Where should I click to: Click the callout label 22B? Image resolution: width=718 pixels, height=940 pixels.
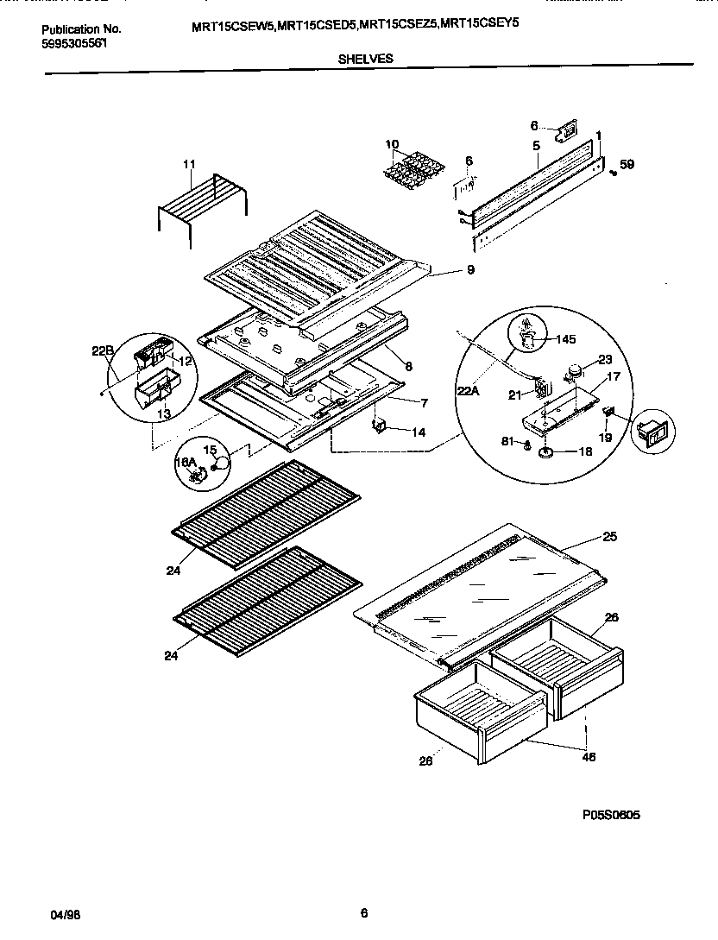click(102, 350)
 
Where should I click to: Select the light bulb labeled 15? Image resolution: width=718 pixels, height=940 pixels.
click(223, 463)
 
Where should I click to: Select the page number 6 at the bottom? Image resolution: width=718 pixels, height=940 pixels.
click(364, 912)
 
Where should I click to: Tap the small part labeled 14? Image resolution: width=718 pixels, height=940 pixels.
click(379, 426)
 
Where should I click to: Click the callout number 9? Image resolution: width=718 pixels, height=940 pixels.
click(470, 270)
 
